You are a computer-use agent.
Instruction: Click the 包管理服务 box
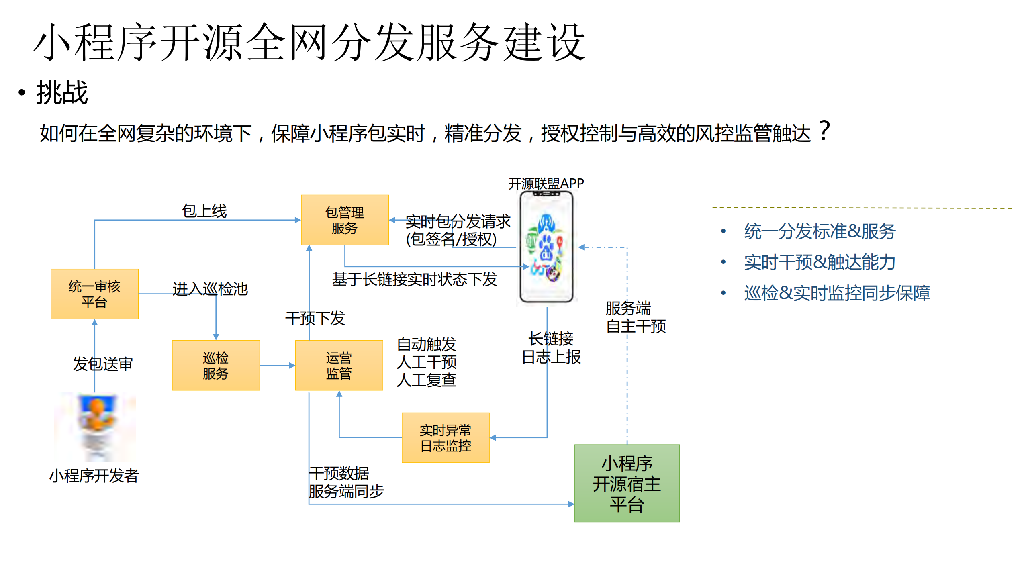pyautogui.click(x=344, y=220)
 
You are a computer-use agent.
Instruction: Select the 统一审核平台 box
pyautogui.click(x=94, y=294)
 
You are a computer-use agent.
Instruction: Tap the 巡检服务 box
pyautogui.click(x=215, y=365)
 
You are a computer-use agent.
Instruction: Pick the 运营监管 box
pyautogui.click(x=339, y=365)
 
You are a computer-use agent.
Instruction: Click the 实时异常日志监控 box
pyautogui.click(x=445, y=437)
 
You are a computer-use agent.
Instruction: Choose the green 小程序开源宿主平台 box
pyautogui.click(x=626, y=483)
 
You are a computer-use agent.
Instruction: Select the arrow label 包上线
pyautogui.click(x=204, y=211)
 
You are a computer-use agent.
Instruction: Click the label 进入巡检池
pyautogui.click(x=210, y=289)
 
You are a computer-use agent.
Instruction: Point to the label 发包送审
pyautogui.click(x=102, y=364)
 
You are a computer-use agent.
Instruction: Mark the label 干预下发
pyautogui.click(x=315, y=318)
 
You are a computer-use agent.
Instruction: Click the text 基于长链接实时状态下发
pyautogui.click(x=414, y=279)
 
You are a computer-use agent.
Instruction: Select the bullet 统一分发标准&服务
pyautogui.click(x=819, y=231)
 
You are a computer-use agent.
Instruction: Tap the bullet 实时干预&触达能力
pyautogui.click(x=819, y=262)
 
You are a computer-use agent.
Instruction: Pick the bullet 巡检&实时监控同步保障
pyautogui.click(x=836, y=293)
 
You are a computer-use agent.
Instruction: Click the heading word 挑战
pyautogui.click(x=62, y=92)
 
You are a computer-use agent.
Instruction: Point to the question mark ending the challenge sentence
pyautogui.click(x=824, y=131)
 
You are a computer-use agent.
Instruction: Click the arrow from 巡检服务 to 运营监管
pyautogui.click(x=277, y=365)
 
